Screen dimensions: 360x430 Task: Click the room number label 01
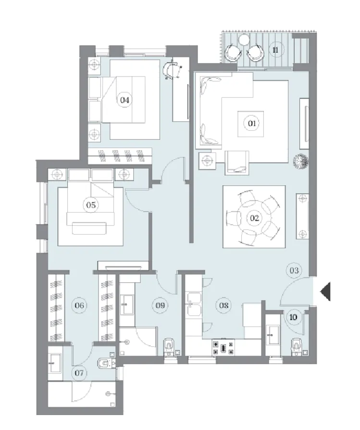(x=252, y=124)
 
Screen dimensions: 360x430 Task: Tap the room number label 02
(x=254, y=218)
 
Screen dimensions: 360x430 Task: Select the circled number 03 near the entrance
(x=294, y=271)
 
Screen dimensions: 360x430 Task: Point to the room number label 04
(x=124, y=100)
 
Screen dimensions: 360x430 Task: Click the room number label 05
(x=91, y=205)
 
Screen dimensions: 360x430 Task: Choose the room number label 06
(x=79, y=305)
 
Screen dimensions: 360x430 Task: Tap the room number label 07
(x=79, y=373)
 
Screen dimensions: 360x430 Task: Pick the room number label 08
(x=223, y=305)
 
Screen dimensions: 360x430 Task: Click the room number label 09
(x=160, y=305)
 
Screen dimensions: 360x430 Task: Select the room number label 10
(x=293, y=317)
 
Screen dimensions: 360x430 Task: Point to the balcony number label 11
(x=275, y=50)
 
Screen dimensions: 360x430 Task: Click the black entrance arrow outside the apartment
(x=325, y=291)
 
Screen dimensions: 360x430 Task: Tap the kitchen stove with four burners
(x=223, y=347)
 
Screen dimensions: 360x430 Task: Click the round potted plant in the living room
(x=300, y=161)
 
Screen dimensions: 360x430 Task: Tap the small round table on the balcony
(x=243, y=40)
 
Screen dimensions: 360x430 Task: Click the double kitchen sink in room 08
(x=194, y=304)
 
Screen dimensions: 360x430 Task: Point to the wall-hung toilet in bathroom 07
(x=105, y=364)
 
